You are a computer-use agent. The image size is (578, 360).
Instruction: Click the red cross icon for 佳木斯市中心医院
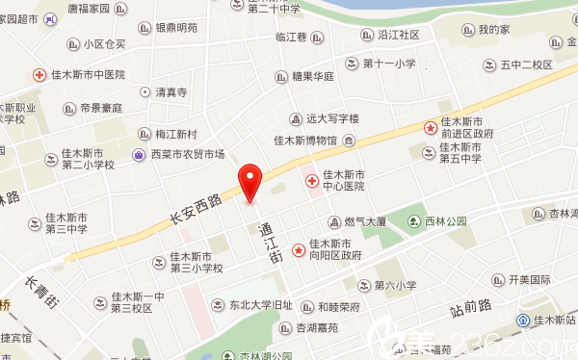tap(311, 181)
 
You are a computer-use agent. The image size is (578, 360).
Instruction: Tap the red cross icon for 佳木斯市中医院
tap(39, 74)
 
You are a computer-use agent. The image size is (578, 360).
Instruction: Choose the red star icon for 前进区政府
tap(431, 127)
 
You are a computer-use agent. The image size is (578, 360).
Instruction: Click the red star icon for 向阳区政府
tap(299, 249)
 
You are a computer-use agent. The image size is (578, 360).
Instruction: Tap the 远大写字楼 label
tap(332, 118)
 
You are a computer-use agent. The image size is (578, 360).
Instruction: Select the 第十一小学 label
tap(390, 64)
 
